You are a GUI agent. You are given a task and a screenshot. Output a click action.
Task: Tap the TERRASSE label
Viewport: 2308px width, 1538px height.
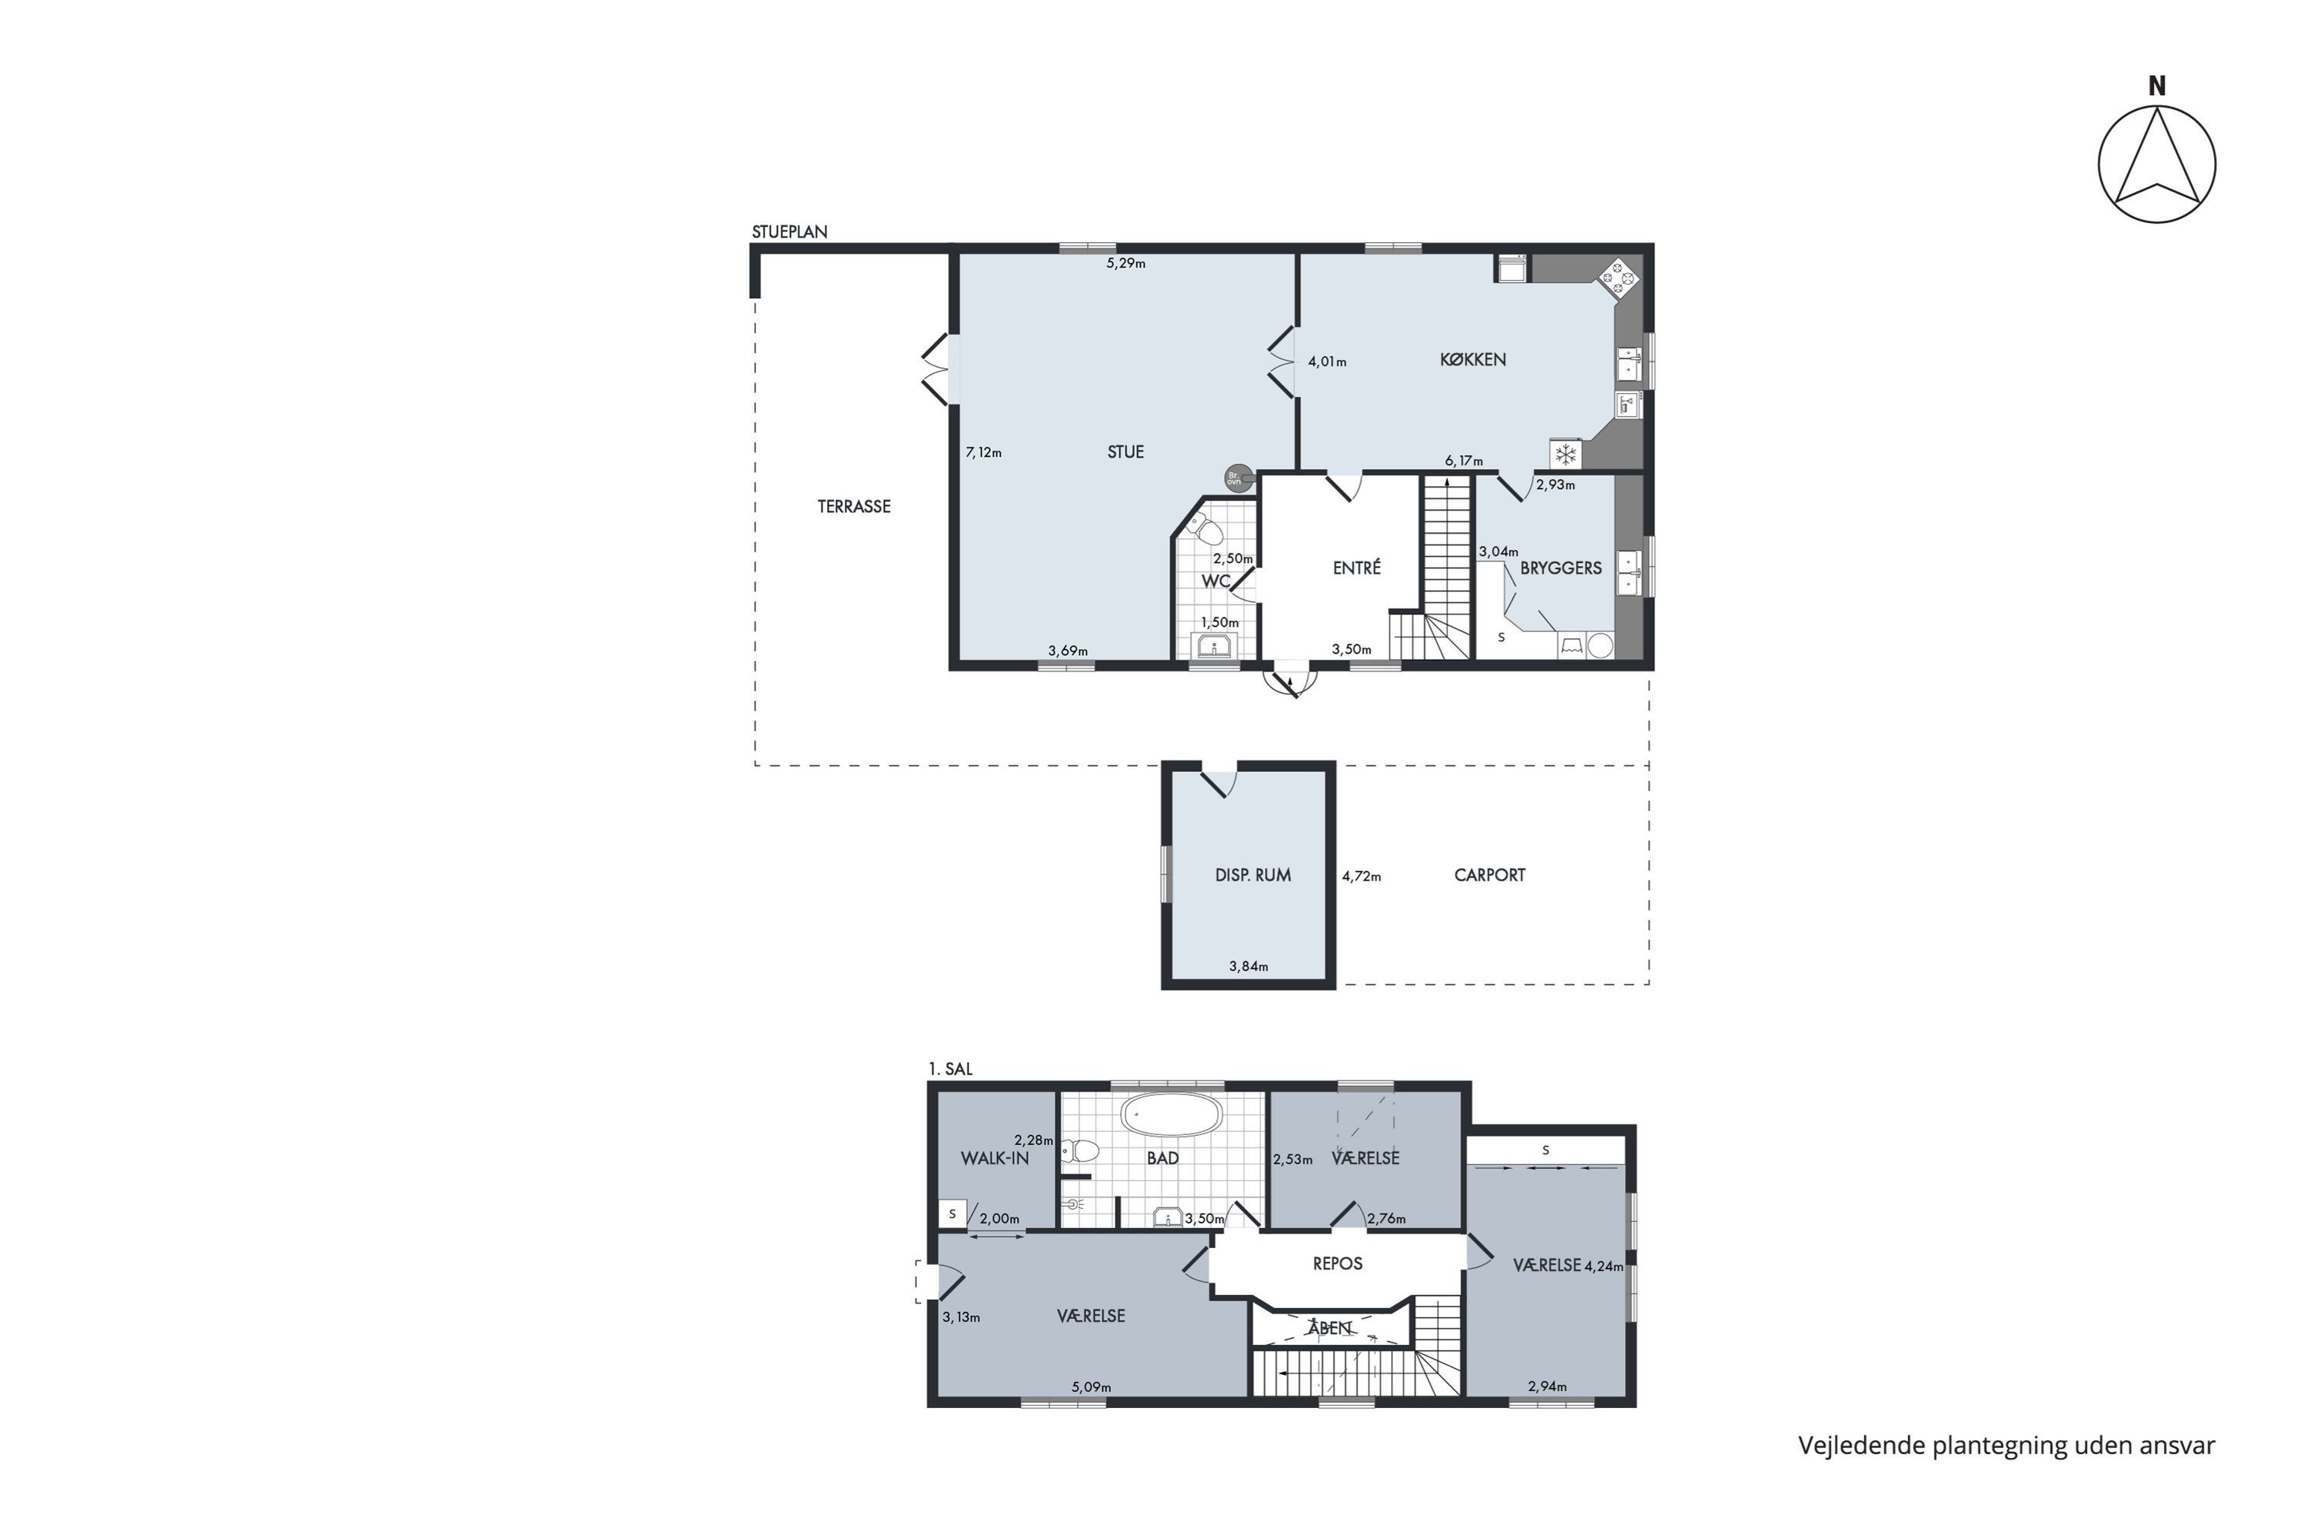point(854,506)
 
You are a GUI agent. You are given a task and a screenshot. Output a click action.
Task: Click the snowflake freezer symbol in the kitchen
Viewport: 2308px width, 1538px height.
point(1565,454)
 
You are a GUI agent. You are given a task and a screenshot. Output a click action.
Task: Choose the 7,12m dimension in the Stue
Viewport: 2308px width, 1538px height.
point(983,452)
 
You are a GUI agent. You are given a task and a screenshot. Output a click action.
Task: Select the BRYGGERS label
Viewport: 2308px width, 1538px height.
point(1560,568)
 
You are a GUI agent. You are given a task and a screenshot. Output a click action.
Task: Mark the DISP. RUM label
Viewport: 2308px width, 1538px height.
point(1252,875)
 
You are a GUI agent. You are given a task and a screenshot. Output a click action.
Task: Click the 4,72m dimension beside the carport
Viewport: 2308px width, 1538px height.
point(1361,876)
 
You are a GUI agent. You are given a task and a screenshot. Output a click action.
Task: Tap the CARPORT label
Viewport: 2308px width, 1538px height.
point(1489,875)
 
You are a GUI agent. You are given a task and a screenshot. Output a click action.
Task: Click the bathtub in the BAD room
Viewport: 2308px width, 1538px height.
point(1172,1115)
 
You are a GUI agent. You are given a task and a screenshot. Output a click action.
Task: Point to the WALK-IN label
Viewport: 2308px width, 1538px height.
point(995,1158)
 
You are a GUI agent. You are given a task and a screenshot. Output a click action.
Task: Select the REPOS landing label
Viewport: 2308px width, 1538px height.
point(1338,1263)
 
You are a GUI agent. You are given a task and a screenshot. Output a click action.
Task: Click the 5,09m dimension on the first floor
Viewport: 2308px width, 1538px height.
point(1091,1387)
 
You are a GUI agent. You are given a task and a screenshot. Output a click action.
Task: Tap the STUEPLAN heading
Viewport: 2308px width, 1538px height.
point(790,231)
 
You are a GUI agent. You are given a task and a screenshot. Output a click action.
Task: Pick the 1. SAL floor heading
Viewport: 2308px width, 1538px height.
point(951,1069)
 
